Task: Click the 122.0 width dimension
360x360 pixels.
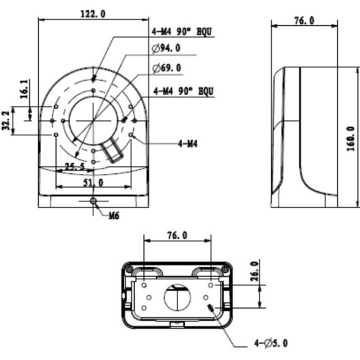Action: click(x=92, y=13)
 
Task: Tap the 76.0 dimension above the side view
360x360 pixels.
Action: click(x=303, y=21)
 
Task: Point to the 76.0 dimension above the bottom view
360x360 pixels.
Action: click(x=176, y=235)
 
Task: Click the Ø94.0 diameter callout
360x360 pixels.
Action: click(x=166, y=48)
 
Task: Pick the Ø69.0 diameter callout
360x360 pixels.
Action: click(x=166, y=68)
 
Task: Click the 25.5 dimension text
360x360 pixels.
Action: click(x=75, y=167)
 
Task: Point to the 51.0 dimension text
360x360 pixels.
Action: click(x=92, y=181)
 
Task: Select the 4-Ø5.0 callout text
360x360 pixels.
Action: click(x=271, y=343)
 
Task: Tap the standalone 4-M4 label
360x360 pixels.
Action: click(x=187, y=143)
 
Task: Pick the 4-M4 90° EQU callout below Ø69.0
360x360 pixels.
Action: click(x=183, y=89)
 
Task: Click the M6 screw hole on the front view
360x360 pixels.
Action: click(x=93, y=201)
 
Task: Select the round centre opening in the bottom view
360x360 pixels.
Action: click(x=177, y=297)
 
